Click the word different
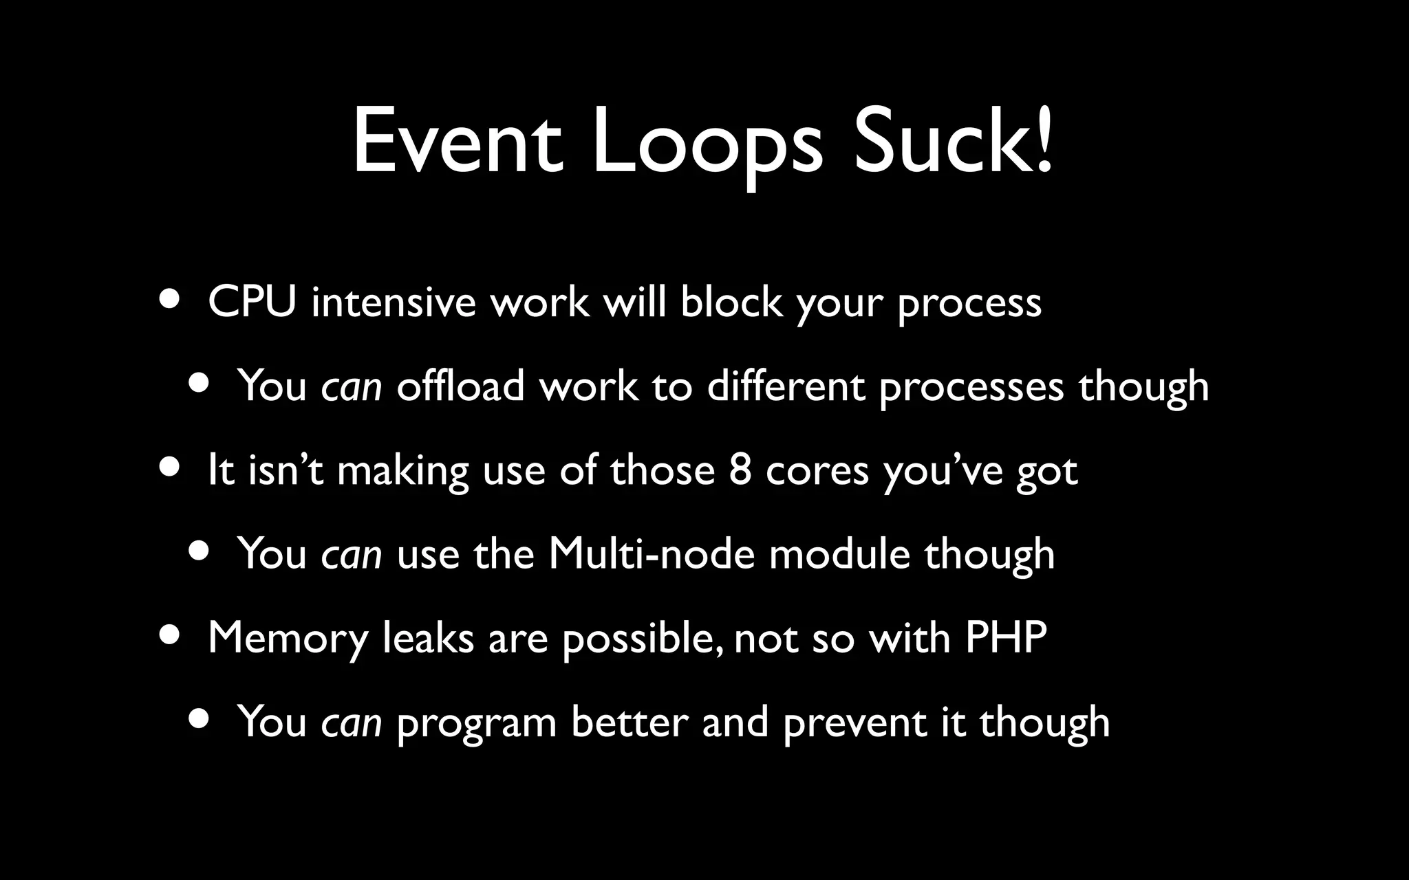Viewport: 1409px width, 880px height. tap(785, 385)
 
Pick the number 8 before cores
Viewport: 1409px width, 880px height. tap(740, 470)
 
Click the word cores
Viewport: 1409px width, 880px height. tap(817, 472)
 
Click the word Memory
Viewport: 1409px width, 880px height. tap(288, 638)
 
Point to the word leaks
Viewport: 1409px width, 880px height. tap(428, 637)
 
